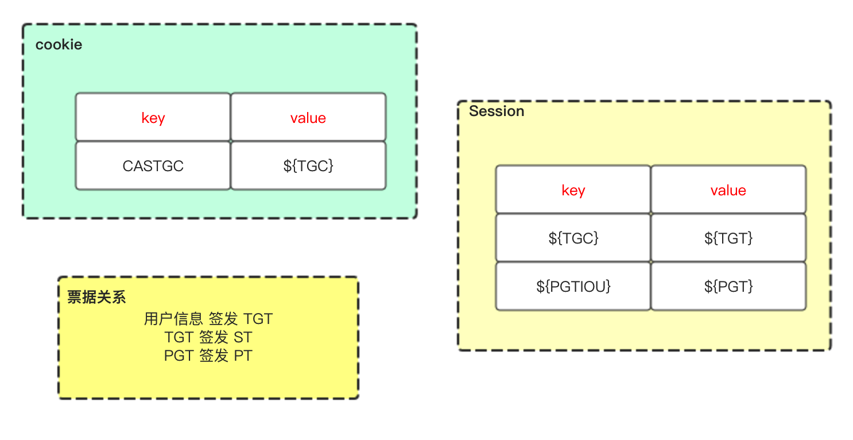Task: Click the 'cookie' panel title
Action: [59, 45]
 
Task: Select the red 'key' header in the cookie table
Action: [153, 118]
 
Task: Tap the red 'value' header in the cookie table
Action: [308, 118]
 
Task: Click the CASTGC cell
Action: [153, 166]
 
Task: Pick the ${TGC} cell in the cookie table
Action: [308, 166]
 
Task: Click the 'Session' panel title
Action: [497, 111]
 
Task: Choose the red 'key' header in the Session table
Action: [573, 190]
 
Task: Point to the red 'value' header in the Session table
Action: [728, 190]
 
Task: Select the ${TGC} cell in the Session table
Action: [573, 238]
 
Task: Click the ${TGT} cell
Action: [728, 238]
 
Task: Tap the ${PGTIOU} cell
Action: [573, 287]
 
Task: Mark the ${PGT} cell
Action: [728, 287]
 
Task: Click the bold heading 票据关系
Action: [96, 297]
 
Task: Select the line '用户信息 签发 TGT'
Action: [208, 319]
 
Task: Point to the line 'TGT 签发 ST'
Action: [208, 337]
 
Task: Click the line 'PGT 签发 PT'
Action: [208, 356]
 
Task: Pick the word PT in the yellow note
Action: [243, 356]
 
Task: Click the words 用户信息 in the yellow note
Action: [173, 319]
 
